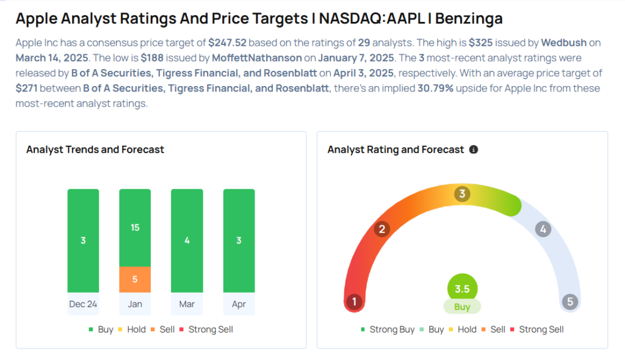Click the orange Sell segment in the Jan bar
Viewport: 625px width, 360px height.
click(135, 279)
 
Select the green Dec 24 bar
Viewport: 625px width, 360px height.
click(83, 240)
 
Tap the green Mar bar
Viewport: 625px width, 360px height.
click(187, 240)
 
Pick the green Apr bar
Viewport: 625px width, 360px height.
click(239, 240)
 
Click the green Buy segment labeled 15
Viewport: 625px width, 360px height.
click(135, 228)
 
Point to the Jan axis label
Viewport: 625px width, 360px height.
click(135, 303)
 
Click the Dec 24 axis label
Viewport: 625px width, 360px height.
click(83, 303)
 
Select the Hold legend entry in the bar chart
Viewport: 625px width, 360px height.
click(132, 329)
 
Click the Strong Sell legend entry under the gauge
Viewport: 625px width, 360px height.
click(536, 329)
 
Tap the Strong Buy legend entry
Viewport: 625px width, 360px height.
click(388, 329)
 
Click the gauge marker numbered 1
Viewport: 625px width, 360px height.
click(353, 301)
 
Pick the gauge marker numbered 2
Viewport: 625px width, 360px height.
click(382, 229)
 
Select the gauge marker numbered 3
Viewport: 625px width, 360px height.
click(462, 195)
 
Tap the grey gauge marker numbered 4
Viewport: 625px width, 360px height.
click(543, 229)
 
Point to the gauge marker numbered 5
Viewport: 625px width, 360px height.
click(570, 301)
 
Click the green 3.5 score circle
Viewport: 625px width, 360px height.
click(462, 289)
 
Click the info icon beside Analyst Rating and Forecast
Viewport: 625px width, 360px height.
click(474, 149)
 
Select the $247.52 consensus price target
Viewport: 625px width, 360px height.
click(227, 43)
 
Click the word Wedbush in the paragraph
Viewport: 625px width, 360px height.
click(563, 43)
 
